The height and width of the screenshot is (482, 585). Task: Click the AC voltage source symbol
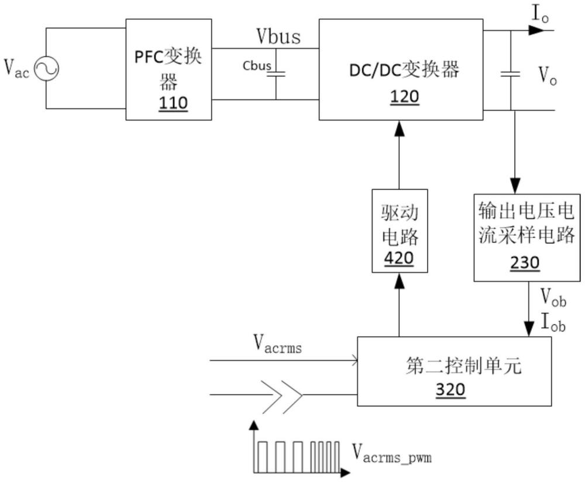[x=46, y=69]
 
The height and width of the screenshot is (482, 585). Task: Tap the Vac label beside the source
[x=16, y=69]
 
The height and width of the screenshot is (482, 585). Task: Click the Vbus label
[x=278, y=36]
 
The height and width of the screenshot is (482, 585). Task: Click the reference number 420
[x=400, y=258]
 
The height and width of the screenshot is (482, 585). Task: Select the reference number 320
[x=450, y=391]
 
